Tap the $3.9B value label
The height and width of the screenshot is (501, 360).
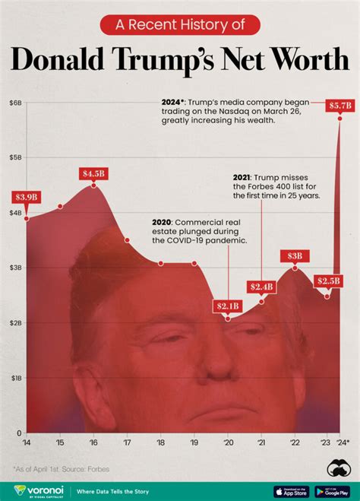point(27,197)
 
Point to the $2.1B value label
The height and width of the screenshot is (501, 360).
point(228,306)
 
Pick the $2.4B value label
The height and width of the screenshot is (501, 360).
point(261,287)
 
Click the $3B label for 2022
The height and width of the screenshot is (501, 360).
point(295,255)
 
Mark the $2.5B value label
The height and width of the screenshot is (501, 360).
point(328,281)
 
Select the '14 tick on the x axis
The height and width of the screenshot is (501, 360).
point(27,442)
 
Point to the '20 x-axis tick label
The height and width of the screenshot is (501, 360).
point(228,442)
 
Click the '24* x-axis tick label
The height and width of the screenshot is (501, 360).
point(343,442)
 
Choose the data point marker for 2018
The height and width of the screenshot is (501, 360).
point(161,263)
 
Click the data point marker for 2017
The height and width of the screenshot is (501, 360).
point(128,240)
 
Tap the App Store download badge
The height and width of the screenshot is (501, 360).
point(291,491)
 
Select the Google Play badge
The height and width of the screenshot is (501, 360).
point(332,491)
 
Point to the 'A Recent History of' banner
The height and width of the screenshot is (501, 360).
point(180,25)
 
